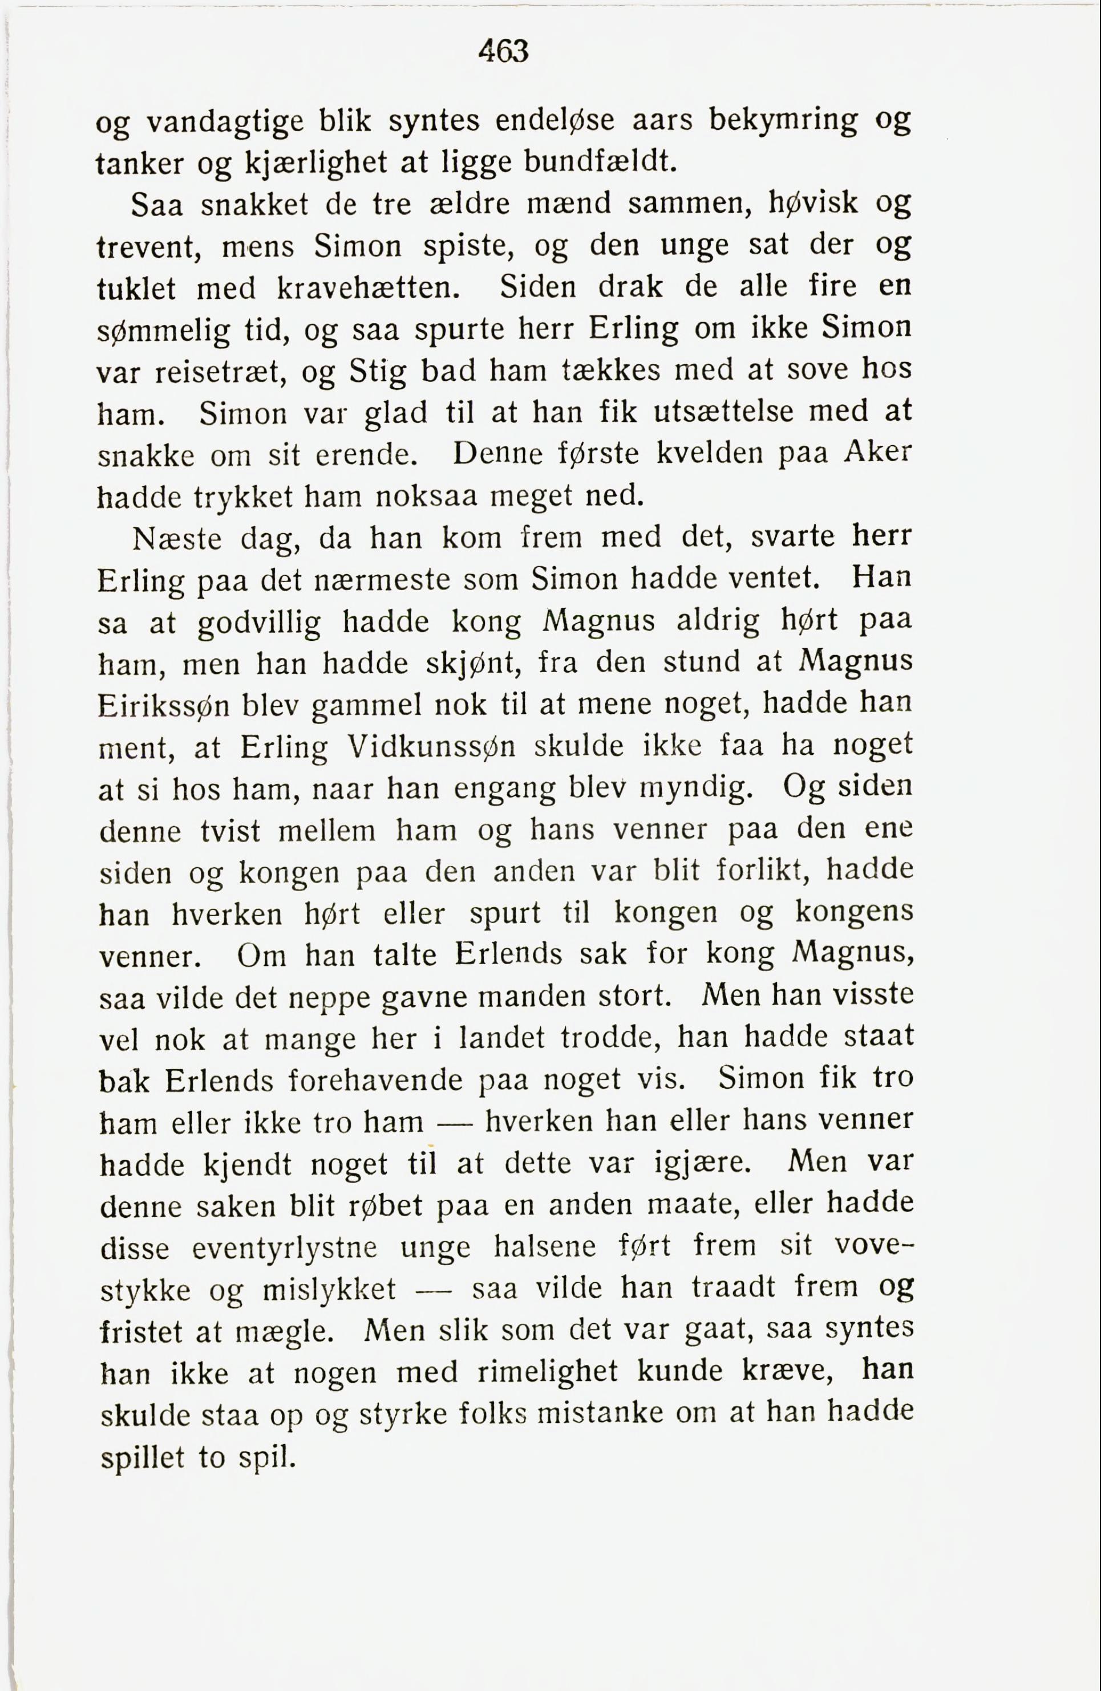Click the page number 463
[x=503, y=52]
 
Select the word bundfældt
[x=598, y=164]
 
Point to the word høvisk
[x=814, y=204]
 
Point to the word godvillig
[x=258, y=623]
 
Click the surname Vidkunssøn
[x=433, y=747]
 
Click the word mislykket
[x=329, y=1290]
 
